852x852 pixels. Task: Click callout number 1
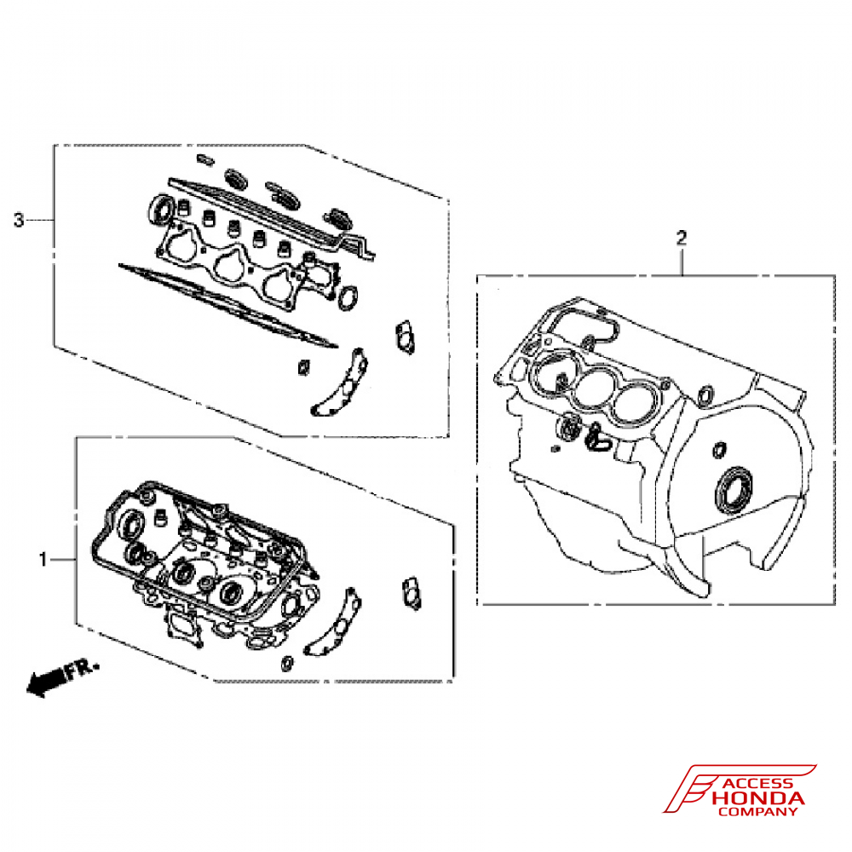pos(42,559)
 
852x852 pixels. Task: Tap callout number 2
pos(681,238)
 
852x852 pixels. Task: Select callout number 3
pos(19,221)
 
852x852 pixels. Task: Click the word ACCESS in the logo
pos(757,784)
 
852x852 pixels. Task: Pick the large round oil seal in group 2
pos(734,490)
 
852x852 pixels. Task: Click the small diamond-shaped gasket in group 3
pos(301,367)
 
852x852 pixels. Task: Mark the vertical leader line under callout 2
pos(682,261)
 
